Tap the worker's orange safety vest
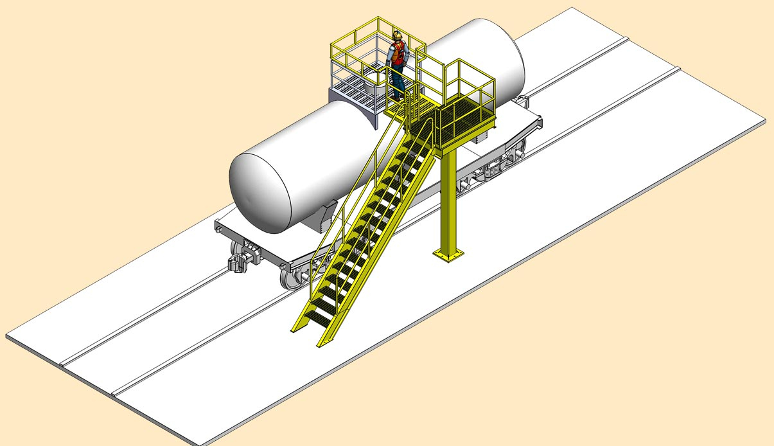(399, 53)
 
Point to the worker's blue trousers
(397, 80)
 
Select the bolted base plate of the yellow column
(448, 255)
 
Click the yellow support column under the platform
(448, 199)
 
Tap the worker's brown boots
(398, 97)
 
